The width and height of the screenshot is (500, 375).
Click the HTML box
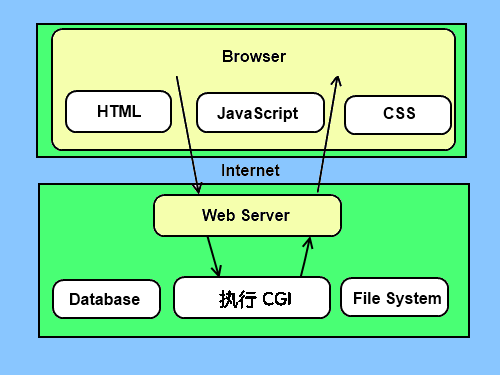pos(118,111)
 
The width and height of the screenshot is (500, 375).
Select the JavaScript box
pos(258,113)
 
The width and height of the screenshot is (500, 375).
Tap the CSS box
pos(398,114)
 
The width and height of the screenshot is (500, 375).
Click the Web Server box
pos(246,215)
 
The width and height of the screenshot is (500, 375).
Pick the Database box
pos(105,299)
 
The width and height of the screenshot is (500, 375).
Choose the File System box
pos(395,298)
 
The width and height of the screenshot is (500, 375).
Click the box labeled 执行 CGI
pos(251,298)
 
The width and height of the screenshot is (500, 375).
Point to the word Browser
pos(253,56)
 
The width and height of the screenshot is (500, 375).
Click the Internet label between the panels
pos(250,170)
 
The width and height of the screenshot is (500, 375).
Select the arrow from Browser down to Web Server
pos(188,135)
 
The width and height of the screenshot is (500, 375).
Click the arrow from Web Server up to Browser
pos(327,135)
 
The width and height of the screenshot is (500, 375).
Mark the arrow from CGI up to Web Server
pos(306,256)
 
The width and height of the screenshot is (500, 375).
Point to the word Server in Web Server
pos(264,215)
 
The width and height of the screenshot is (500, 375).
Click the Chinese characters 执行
pos(230,298)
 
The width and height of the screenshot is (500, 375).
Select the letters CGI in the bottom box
pos(276,299)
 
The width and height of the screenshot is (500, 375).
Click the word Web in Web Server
pos(218,215)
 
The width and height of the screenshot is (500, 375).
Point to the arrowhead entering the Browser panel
pos(337,81)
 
